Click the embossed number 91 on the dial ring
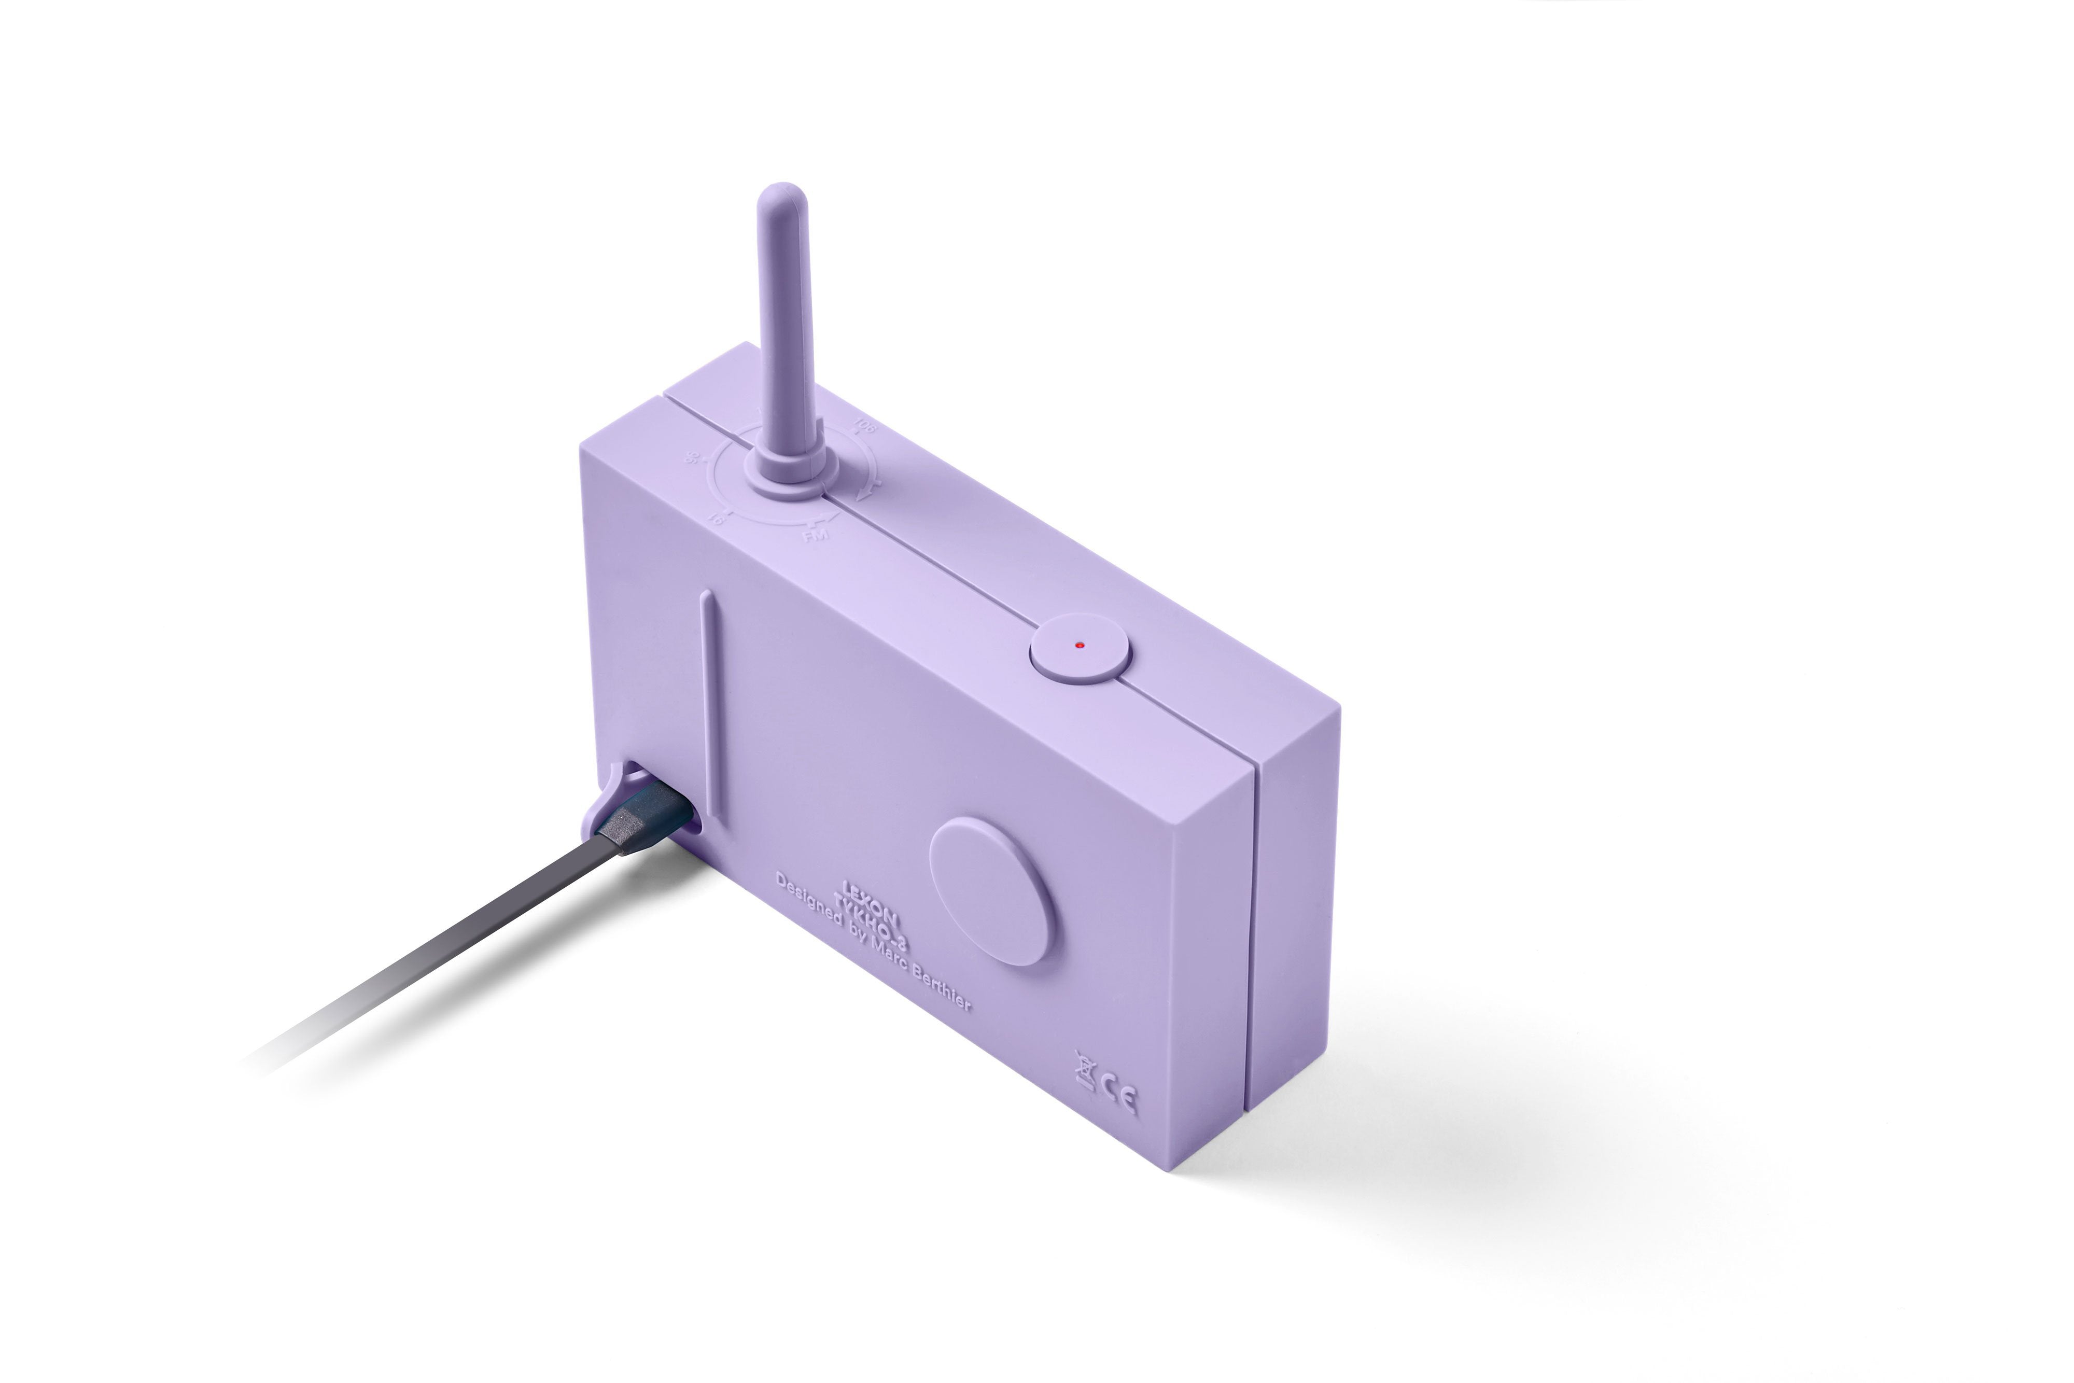pos(719,519)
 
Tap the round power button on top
pos(1080,647)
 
